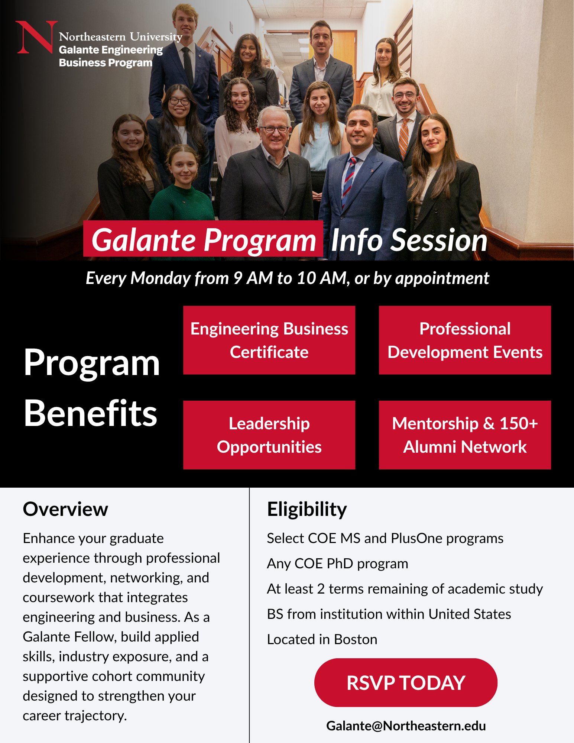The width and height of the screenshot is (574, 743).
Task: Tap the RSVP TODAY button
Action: [406, 682]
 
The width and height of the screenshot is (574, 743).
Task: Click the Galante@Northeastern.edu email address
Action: [406, 726]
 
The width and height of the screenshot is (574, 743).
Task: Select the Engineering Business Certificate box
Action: [269, 340]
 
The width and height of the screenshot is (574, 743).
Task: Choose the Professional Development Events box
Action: [465, 340]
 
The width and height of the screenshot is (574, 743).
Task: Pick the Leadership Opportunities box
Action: [269, 435]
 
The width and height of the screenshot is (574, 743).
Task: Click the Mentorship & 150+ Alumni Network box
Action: [465, 435]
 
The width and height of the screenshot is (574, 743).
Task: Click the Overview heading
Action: [65, 509]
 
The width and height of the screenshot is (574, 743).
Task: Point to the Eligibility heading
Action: [307, 510]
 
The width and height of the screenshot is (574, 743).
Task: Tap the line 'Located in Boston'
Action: [322, 639]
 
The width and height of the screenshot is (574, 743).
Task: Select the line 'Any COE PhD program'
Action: [337, 563]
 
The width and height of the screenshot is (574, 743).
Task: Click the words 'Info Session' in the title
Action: [409, 240]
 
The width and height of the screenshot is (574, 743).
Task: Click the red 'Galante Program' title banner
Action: [203, 239]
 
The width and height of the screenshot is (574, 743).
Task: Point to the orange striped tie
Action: [403, 138]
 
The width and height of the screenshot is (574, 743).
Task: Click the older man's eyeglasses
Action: [274, 129]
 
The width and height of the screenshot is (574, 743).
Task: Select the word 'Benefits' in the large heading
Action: [91, 413]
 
